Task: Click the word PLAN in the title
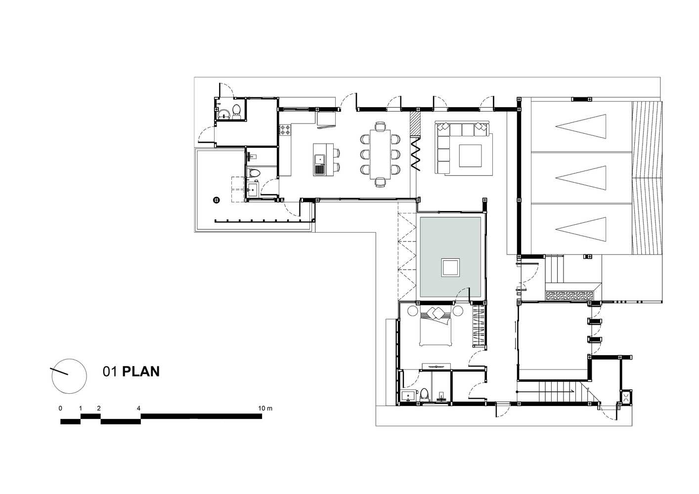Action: (x=141, y=371)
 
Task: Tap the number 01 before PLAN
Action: (x=110, y=371)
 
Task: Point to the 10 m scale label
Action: (x=265, y=408)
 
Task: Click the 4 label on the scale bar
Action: (x=138, y=408)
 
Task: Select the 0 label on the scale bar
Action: (x=60, y=408)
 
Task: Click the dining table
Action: (x=380, y=154)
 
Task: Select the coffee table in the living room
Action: (x=470, y=156)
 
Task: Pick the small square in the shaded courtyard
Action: (x=450, y=268)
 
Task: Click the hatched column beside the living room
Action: (x=415, y=124)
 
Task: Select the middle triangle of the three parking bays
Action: (x=581, y=178)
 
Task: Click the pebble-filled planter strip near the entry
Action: (x=569, y=296)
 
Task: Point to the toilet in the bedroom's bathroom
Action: (x=424, y=395)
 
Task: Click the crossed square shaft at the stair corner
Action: (x=626, y=397)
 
